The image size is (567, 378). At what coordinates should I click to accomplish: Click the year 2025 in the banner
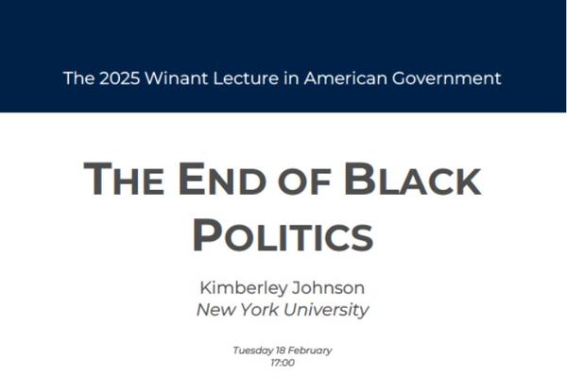coord(119,78)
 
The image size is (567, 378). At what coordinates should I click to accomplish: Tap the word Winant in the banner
coord(177,78)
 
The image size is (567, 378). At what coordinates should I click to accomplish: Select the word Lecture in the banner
coord(246,78)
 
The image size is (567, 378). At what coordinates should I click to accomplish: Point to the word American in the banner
coord(345,78)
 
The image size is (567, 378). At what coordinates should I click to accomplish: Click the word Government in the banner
coord(447,78)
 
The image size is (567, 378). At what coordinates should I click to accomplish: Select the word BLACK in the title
coord(413,179)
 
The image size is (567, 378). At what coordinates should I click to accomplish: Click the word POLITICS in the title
coord(283,235)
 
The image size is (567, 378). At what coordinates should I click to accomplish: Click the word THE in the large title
coord(123,179)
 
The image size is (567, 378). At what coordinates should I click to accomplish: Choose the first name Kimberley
coord(244,288)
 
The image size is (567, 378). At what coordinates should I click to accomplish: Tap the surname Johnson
coord(328,288)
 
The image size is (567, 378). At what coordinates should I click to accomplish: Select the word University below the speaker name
coord(326,310)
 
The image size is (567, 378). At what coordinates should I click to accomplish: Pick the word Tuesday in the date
coord(252,351)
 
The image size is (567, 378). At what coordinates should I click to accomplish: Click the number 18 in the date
coord(281,351)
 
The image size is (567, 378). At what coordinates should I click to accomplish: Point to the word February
coord(310,351)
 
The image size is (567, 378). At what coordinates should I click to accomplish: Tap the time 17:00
coord(283,363)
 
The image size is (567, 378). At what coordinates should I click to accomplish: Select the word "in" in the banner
coord(291,78)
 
